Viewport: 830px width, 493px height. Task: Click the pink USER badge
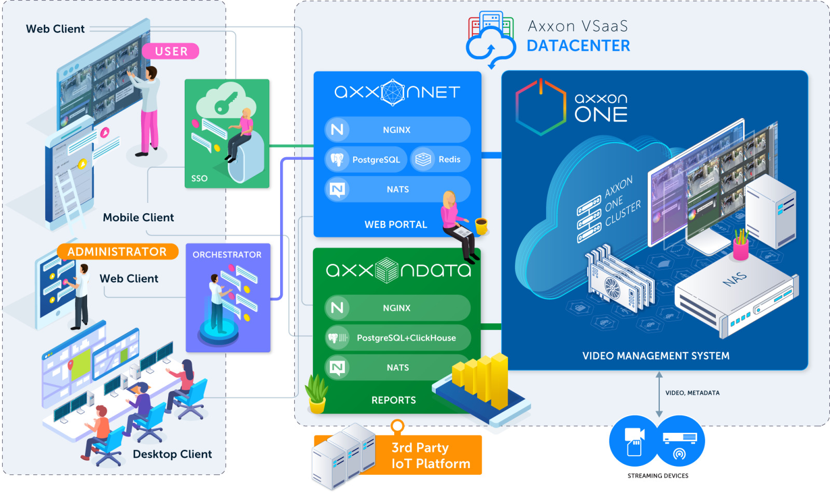171,51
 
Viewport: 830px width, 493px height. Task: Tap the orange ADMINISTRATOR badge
117,252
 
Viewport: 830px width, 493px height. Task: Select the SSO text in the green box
199,179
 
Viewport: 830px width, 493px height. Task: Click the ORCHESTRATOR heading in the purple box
227,255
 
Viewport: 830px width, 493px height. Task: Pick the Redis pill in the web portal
440,159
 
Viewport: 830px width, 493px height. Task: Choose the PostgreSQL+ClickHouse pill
397,338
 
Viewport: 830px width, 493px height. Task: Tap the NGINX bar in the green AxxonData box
397,308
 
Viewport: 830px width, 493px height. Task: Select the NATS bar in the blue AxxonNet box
397,189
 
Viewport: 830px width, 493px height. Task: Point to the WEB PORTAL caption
396,225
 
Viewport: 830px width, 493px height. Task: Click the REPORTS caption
394,400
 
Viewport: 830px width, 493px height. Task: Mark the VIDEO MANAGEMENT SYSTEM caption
656,356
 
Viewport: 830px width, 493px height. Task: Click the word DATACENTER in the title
578,46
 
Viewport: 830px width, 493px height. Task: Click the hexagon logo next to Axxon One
540,107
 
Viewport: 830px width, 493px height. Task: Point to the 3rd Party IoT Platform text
431,456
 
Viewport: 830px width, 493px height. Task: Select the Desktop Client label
172,454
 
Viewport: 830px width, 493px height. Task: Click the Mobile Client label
138,217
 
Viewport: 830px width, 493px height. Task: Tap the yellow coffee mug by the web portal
481,226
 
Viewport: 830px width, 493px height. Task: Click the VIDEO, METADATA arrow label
693,393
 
